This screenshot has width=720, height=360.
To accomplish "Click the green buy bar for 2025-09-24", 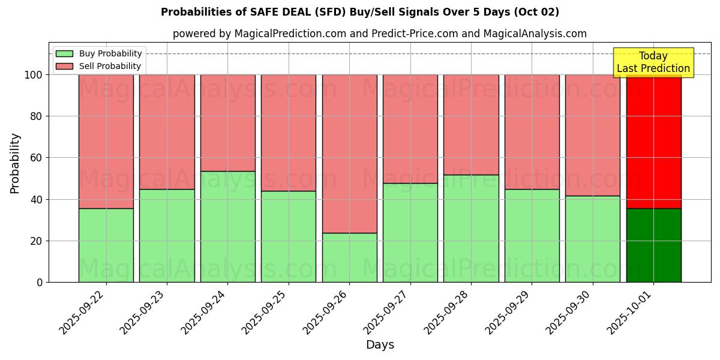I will point(227,227).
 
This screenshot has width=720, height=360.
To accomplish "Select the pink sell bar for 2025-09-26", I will point(349,154).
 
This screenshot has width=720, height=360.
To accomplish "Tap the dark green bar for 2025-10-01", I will point(653,245).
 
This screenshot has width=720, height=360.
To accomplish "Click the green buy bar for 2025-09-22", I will point(106,245).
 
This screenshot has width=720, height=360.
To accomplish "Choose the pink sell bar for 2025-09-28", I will point(471,125).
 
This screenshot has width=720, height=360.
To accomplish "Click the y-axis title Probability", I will point(15,163).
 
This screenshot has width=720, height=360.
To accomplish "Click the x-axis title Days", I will point(380,345).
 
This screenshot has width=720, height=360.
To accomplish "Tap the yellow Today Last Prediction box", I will point(653,62).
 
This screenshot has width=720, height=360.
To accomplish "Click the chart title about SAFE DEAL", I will point(360,12).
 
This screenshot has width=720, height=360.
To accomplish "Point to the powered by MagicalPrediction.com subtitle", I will point(380,34).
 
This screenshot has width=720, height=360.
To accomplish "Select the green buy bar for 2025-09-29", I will point(532,236).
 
